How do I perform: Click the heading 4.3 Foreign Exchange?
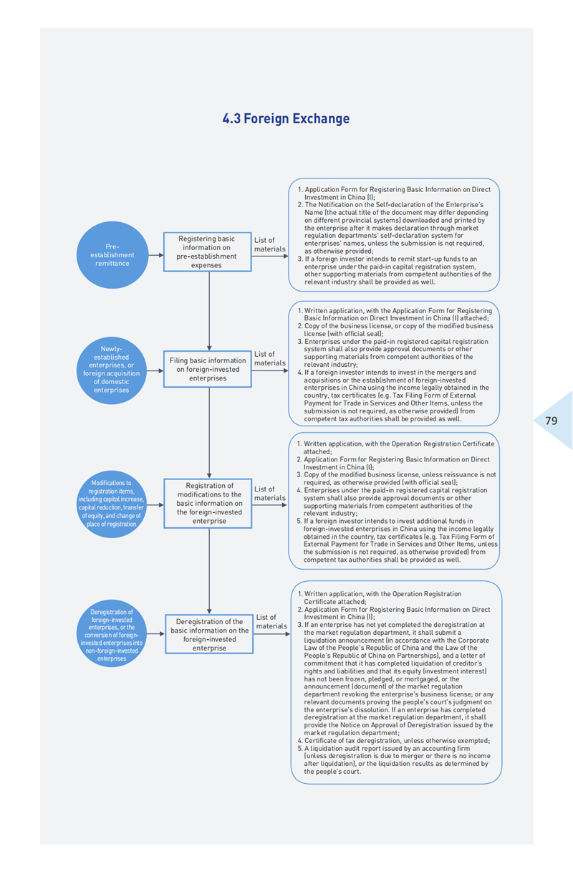[x=286, y=118]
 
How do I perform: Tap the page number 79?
[x=551, y=421]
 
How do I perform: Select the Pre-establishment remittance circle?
[x=112, y=255]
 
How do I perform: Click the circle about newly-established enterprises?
[x=111, y=370]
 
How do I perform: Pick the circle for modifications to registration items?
[x=111, y=504]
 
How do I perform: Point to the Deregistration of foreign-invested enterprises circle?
[x=111, y=633]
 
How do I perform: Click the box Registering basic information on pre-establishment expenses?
[x=208, y=252]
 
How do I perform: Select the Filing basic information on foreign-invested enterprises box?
[x=208, y=369]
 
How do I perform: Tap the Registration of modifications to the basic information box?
[x=208, y=503]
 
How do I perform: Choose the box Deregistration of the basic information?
[x=209, y=634]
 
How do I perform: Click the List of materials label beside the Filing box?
[x=270, y=358]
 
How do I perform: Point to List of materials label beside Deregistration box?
[x=271, y=622]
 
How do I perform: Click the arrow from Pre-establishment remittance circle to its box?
[x=156, y=255]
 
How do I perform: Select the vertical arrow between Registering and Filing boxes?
[x=209, y=311]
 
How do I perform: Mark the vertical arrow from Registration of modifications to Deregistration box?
[x=209, y=571]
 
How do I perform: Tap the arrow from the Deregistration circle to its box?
[x=156, y=633]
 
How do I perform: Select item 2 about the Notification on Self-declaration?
[x=393, y=228]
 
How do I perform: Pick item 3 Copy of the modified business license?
[x=396, y=479]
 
